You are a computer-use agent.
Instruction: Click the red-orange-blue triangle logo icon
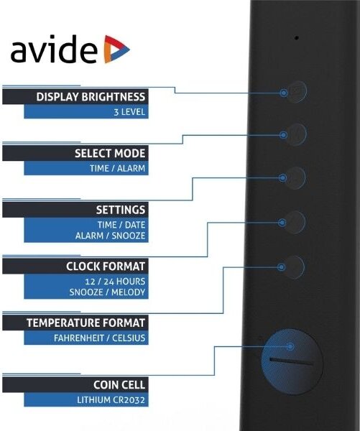click(x=116, y=49)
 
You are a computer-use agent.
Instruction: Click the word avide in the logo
click(x=54, y=50)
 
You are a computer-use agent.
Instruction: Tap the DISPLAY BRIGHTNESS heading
click(x=91, y=97)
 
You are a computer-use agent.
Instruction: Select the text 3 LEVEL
click(x=129, y=112)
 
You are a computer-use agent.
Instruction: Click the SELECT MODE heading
click(x=110, y=154)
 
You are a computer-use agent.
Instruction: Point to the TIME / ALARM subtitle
click(x=117, y=168)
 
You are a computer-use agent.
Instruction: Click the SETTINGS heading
click(x=121, y=210)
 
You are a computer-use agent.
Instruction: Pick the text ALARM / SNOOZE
click(x=110, y=236)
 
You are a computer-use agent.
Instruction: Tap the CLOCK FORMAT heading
click(x=106, y=267)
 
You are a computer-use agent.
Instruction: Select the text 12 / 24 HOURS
click(x=115, y=282)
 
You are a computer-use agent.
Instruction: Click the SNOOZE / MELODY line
click(x=107, y=292)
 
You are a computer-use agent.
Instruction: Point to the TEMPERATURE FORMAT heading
click(x=86, y=323)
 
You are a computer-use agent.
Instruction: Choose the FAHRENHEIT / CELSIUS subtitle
click(x=99, y=338)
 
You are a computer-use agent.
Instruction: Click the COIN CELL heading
click(x=119, y=385)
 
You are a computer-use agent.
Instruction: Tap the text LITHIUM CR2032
click(x=111, y=400)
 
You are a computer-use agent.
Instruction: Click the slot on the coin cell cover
click(x=291, y=361)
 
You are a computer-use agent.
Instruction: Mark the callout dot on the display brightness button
click(x=284, y=93)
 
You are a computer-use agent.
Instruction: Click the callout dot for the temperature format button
click(x=282, y=267)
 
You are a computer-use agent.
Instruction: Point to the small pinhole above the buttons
click(x=297, y=37)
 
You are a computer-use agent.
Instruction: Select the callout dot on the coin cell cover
click(x=290, y=346)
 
